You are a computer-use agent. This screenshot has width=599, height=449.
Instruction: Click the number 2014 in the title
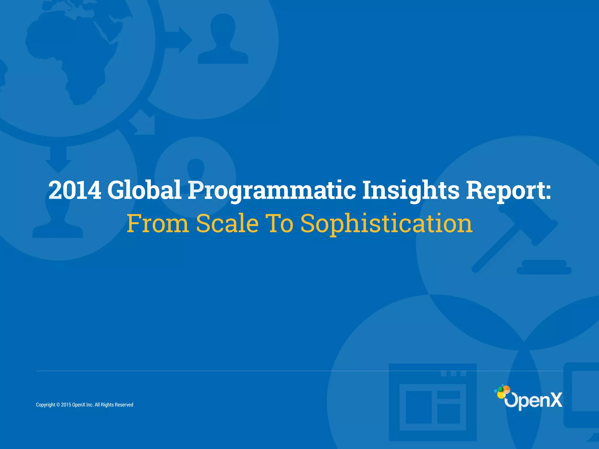[x=75, y=190]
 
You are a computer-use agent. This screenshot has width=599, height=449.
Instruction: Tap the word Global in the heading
[x=144, y=190]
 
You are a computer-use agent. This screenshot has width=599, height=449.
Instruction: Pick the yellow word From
[x=158, y=224]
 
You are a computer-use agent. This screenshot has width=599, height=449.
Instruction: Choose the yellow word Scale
[x=227, y=224]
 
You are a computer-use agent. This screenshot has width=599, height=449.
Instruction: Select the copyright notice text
[x=85, y=405]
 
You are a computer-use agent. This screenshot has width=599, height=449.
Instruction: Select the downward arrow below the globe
[x=58, y=159]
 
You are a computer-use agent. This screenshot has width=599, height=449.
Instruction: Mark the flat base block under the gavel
[x=544, y=267]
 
